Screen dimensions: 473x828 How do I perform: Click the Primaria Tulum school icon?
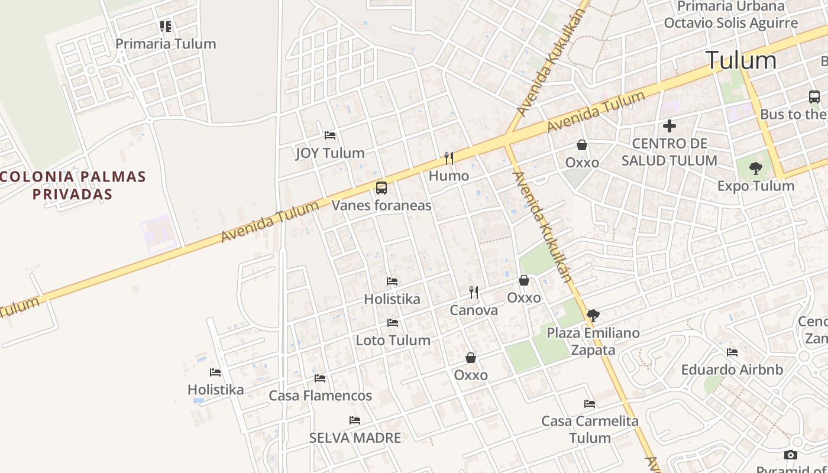(x=166, y=26)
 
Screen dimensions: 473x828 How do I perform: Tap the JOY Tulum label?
(x=330, y=153)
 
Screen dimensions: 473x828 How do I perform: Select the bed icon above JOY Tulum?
(x=330, y=135)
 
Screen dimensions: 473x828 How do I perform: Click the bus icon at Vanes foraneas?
(x=381, y=188)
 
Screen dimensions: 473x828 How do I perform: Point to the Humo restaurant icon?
(x=449, y=158)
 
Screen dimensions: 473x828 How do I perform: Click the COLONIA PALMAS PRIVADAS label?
(x=73, y=185)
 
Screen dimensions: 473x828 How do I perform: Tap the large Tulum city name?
(x=740, y=60)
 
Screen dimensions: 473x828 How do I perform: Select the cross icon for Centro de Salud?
(x=669, y=126)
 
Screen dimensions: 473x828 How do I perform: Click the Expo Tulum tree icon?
(x=755, y=169)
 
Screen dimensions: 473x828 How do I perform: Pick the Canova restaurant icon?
(x=474, y=292)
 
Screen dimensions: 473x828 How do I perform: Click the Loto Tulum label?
(x=393, y=341)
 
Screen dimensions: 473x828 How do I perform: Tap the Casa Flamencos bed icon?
(x=320, y=378)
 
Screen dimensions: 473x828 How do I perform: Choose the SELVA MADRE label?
(x=355, y=438)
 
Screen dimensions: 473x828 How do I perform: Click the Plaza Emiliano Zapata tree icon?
(x=593, y=316)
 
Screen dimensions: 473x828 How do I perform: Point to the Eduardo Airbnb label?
(x=732, y=370)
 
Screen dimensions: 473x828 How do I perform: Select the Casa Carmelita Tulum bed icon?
(x=590, y=404)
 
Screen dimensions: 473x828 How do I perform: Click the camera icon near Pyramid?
(x=790, y=455)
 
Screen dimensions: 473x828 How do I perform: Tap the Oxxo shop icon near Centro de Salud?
(x=582, y=145)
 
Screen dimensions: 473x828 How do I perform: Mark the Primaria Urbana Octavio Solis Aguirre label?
(x=731, y=15)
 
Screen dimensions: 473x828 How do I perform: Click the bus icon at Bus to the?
(x=814, y=97)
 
